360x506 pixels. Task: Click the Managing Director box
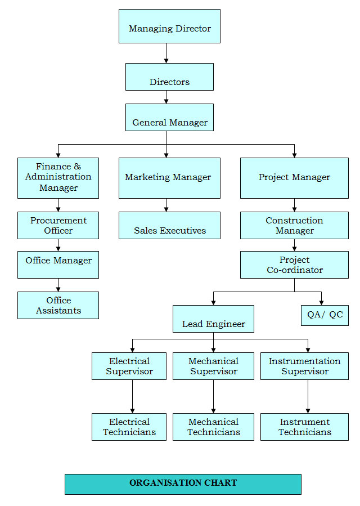(x=169, y=26)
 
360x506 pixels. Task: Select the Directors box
(x=169, y=77)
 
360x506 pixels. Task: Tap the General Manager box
(x=169, y=117)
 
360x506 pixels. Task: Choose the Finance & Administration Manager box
(x=58, y=178)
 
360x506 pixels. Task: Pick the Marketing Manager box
(x=169, y=178)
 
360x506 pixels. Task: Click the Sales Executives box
(x=169, y=225)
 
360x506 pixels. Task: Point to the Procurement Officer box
(x=58, y=225)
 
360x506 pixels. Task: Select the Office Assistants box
(x=58, y=305)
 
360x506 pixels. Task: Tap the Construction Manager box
(x=294, y=225)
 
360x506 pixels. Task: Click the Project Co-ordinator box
(x=294, y=265)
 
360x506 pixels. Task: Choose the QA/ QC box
(x=325, y=315)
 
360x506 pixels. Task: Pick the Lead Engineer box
(x=213, y=319)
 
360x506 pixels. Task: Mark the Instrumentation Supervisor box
(x=304, y=366)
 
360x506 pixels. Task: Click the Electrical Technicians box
(x=129, y=427)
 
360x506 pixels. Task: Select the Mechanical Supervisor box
(x=213, y=366)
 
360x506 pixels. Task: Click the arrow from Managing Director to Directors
(x=166, y=53)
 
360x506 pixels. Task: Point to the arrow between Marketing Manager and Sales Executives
(x=166, y=205)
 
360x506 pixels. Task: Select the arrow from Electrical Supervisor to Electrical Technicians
(x=132, y=396)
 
